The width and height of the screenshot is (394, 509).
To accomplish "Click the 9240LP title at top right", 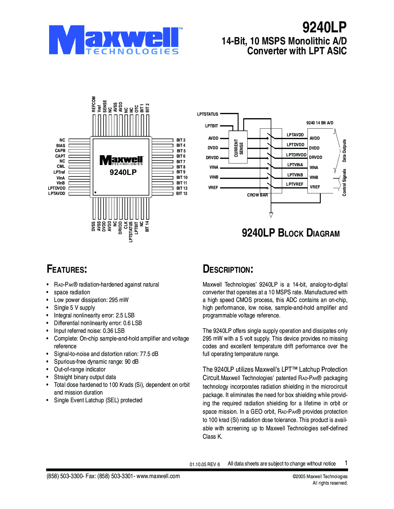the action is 324,27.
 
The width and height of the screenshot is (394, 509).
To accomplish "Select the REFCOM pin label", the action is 94,104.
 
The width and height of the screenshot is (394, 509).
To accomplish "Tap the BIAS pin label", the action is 61,146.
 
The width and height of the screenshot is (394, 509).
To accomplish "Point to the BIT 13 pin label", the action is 182,193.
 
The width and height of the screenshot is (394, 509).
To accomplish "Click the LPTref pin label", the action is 59,172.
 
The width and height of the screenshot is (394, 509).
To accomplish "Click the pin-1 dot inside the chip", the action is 95,192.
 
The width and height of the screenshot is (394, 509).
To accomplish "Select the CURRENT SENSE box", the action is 238,147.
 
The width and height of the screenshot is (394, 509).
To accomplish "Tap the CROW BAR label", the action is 257,195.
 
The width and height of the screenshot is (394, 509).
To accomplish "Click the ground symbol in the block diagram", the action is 271,215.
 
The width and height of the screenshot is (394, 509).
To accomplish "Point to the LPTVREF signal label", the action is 294,184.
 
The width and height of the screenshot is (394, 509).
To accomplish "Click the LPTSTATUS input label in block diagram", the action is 207,114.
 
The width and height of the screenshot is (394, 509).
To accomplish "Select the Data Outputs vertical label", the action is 344,151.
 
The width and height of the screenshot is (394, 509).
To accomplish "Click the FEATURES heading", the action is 67,269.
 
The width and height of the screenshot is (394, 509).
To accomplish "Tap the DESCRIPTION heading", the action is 228,269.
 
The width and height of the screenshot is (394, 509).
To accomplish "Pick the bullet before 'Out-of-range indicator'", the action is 48,370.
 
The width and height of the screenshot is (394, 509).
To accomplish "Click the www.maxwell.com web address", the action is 158,476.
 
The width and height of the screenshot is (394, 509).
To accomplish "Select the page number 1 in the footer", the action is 346,463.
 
